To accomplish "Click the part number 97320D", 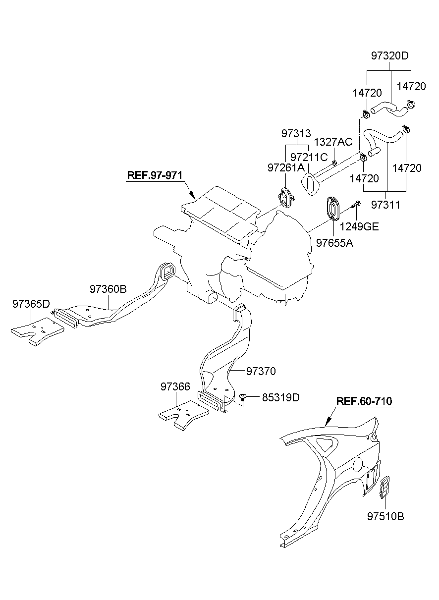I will click(x=389, y=55).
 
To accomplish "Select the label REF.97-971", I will click(x=155, y=175).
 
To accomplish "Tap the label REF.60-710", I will click(x=364, y=401).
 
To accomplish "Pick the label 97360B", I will click(x=109, y=288).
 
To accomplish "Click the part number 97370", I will click(x=261, y=371).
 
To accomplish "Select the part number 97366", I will click(x=175, y=386).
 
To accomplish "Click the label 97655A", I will click(x=334, y=243).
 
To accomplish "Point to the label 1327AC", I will click(x=334, y=142).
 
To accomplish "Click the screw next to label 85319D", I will click(x=242, y=397).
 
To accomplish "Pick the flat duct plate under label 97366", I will click(x=181, y=415).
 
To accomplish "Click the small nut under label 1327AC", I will click(x=335, y=162).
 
